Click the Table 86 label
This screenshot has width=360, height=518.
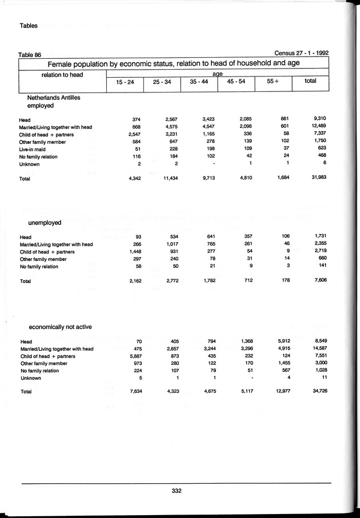(30, 55)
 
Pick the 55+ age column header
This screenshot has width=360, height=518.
(273, 82)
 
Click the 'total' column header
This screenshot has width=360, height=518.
(310, 82)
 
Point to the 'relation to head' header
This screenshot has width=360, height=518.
(62, 75)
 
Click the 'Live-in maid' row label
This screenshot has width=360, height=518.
(34, 149)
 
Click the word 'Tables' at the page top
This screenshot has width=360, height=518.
(29, 26)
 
